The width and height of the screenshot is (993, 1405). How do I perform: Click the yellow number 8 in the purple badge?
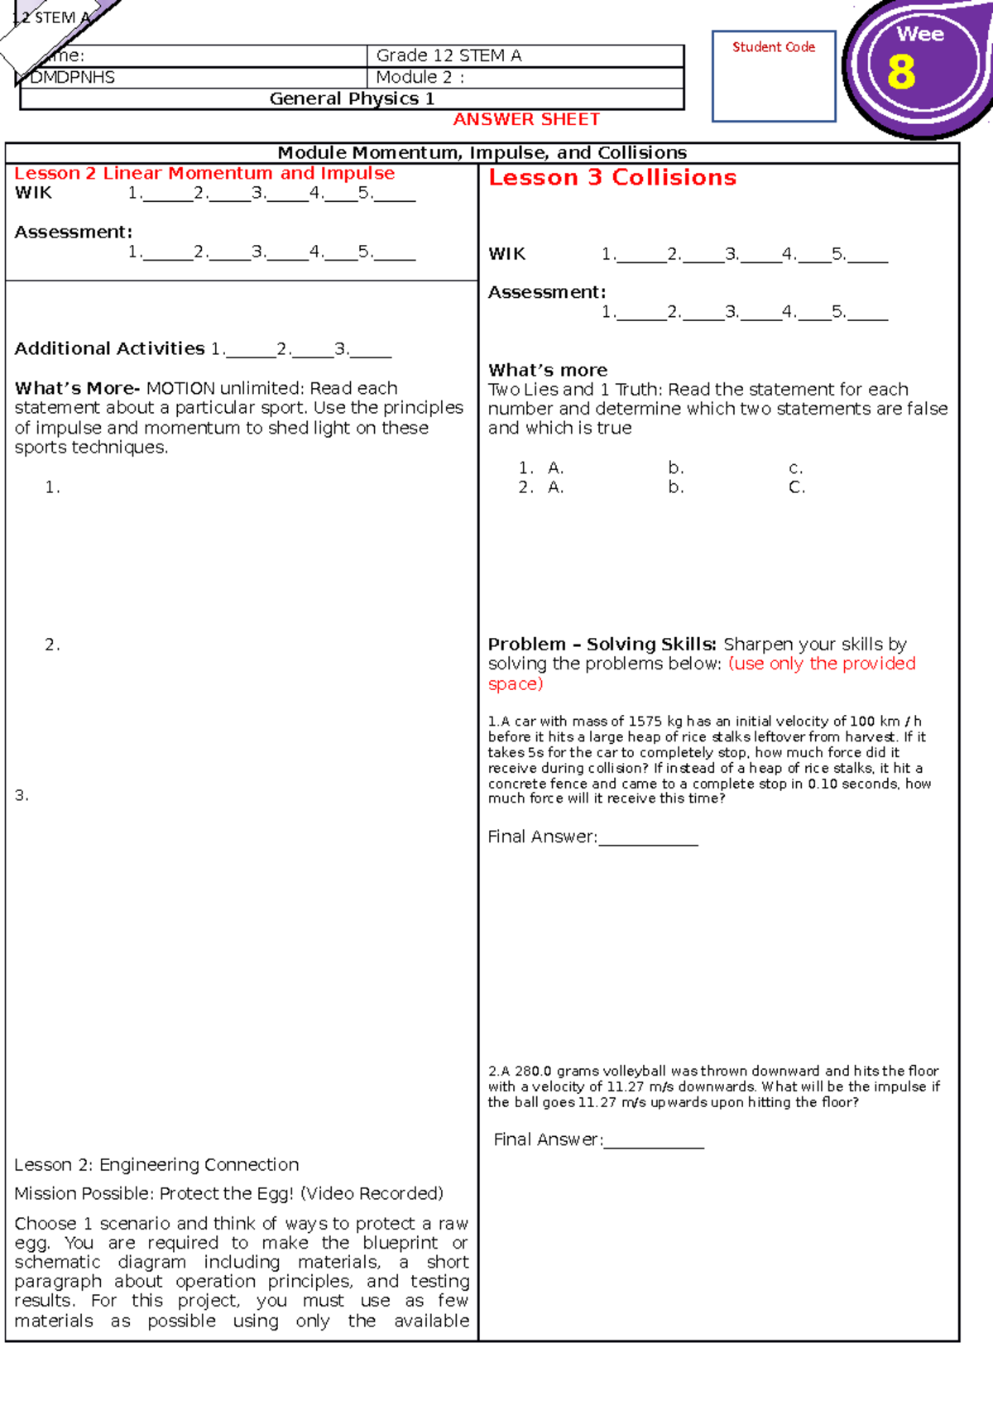click(x=901, y=72)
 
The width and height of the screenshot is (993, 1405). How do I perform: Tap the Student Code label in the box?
click(x=773, y=47)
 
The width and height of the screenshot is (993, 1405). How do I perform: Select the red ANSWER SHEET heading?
click(x=526, y=119)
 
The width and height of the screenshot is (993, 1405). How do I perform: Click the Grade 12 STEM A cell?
click(x=449, y=55)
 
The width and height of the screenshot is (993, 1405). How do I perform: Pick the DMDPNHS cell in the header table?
click(x=73, y=77)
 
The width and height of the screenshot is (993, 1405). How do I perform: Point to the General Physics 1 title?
click(x=352, y=98)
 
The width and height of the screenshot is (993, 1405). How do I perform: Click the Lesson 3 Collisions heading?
click(x=612, y=177)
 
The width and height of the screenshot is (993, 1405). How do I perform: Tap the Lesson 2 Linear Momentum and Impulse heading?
click(x=204, y=173)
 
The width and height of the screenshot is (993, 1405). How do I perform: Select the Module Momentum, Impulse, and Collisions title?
click(x=482, y=152)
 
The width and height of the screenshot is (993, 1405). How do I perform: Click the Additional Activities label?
click(x=109, y=348)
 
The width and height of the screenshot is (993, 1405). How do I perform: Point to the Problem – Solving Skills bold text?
click(x=602, y=644)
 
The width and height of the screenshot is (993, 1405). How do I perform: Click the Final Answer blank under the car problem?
click(x=648, y=838)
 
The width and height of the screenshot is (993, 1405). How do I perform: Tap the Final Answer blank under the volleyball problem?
click(x=654, y=1141)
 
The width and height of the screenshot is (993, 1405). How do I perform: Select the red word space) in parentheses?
click(x=515, y=683)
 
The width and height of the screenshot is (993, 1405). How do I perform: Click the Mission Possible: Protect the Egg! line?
click(x=228, y=1193)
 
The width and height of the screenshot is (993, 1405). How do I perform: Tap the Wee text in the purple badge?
click(x=920, y=34)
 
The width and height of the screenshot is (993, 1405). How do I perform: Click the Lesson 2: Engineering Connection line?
click(x=156, y=1164)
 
